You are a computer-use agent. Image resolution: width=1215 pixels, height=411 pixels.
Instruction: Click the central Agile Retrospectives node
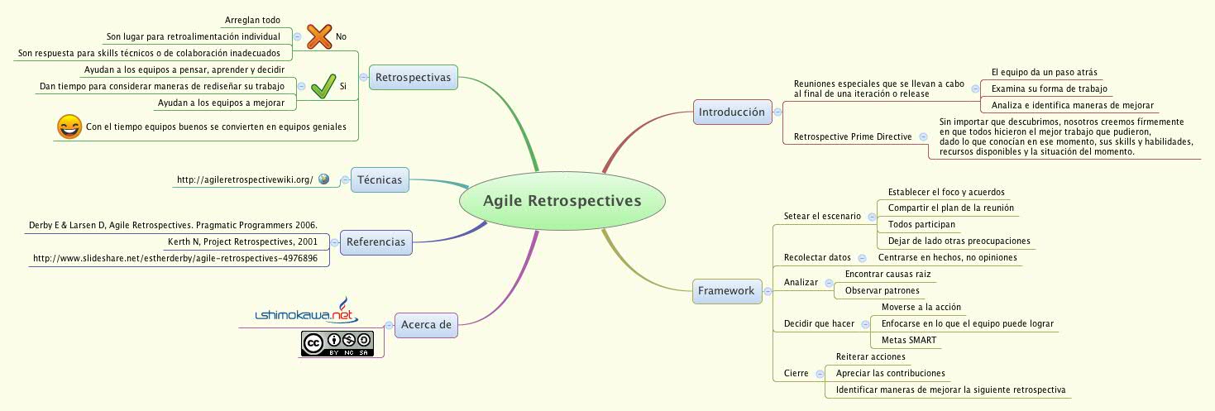[x=562, y=201]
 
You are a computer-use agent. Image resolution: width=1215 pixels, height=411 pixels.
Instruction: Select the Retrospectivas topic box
[x=413, y=78]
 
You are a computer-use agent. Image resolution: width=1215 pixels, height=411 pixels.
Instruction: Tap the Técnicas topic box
[x=380, y=179]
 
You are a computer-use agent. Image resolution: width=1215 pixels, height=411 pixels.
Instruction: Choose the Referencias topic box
[x=376, y=242]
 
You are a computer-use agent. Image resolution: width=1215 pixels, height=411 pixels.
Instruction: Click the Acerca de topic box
[x=426, y=324]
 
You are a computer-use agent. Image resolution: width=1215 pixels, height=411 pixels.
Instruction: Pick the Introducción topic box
[x=731, y=112]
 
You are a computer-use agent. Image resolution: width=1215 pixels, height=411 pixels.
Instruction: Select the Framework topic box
[x=725, y=290]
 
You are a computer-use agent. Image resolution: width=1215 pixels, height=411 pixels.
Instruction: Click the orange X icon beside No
[x=318, y=36]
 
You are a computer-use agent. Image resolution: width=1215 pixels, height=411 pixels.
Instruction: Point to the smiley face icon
[x=68, y=127]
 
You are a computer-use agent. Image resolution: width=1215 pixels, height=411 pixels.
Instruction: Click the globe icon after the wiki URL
[x=323, y=179]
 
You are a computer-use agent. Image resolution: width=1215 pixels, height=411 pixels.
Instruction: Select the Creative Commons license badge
[x=337, y=343]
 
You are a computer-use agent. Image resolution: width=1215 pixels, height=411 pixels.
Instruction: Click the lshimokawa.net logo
[x=304, y=313]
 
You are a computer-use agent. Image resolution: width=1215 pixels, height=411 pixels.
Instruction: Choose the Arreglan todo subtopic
[x=252, y=20]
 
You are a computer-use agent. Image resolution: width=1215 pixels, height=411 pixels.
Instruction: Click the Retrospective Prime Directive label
[x=852, y=136]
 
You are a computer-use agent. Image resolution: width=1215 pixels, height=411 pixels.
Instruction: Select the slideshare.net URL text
[x=175, y=258]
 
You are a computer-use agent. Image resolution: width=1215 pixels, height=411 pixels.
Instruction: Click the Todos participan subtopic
[x=921, y=224]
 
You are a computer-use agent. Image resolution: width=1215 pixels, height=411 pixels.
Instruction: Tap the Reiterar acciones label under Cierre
[x=870, y=356]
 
